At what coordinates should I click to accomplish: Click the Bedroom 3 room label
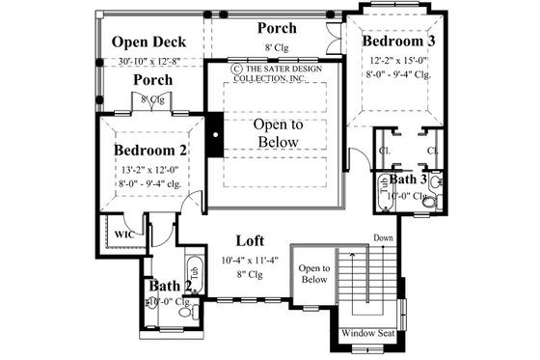tap(398, 42)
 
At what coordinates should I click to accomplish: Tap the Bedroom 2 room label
tap(150, 151)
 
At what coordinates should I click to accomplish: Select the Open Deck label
tap(148, 42)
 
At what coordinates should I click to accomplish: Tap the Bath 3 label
tap(409, 180)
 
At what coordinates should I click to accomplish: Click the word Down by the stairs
tap(384, 237)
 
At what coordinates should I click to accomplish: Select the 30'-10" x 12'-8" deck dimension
tap(148, 62)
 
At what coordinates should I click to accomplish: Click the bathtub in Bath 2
tap(192, 272)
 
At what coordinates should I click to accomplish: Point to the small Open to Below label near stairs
tap(313, 274)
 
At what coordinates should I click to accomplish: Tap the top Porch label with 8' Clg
tap(276, 28)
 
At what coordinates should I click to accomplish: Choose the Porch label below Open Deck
tap(152, 80)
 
